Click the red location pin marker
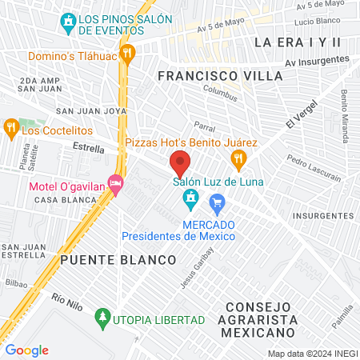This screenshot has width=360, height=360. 180,163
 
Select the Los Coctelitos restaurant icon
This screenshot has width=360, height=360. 11,126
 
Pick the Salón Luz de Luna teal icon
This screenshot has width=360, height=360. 190,197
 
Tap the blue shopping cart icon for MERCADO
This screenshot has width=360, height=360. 217,210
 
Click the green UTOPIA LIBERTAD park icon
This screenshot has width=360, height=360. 102,319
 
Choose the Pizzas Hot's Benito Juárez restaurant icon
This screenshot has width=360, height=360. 238,160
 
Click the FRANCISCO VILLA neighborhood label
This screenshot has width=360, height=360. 220,75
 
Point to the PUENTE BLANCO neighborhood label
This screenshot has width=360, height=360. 117,261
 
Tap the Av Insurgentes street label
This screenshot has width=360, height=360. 318,61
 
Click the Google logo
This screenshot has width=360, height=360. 27,350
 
